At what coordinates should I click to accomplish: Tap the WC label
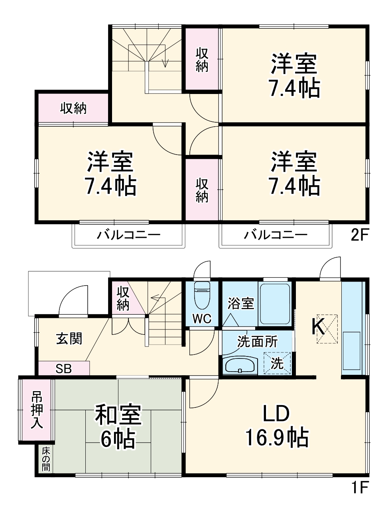pos(202,319)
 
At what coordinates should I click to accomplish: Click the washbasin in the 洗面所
pos(240,365)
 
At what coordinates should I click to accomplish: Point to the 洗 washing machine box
pos(278,363)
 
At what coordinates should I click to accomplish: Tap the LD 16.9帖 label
pos(276,425)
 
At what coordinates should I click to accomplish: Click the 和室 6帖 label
pos(118,426)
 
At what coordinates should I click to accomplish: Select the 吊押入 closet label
pos(37,410)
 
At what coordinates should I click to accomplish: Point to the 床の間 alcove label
pos(46,459)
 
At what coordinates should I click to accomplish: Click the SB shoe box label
pos(63,369)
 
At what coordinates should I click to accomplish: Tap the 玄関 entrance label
pos(69,339)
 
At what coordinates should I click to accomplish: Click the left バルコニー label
pos(128,235)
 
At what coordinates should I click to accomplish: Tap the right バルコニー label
pos(276,235)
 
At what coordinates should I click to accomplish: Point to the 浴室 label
pos(241,304)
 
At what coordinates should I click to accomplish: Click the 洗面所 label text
pos(257,341)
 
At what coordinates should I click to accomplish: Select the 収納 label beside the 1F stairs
pos(123,298)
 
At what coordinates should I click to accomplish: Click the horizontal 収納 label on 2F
pos(73,108)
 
